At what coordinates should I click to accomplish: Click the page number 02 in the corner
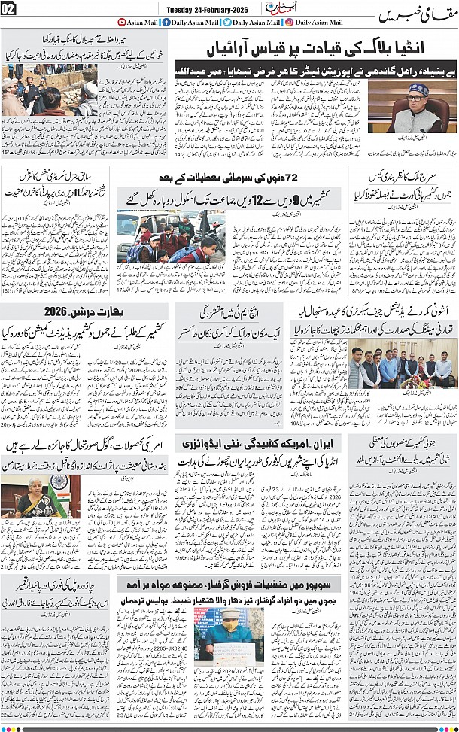tap(10, 9)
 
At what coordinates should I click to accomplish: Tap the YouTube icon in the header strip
tap(122, 23)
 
